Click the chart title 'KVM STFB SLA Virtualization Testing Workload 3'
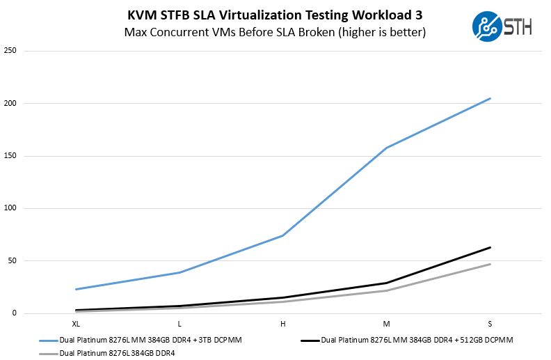coord(275,15)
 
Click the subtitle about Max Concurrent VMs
coord(275,32)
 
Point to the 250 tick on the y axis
coord(10,51)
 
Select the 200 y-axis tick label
coord(10,103)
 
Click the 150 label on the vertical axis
coord(10,156)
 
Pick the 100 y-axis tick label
coord(10,208)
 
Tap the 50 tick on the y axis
coord(13,260)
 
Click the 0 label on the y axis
coord(15,313)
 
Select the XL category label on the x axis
coord(75,324)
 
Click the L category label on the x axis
coord(179,324)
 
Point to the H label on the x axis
coord(283,324)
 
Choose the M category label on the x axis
coord(387,324)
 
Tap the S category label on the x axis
coord(490,324)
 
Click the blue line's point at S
coord(490,98)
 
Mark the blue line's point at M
coord(387,148)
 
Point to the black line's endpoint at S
coord(490,247)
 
